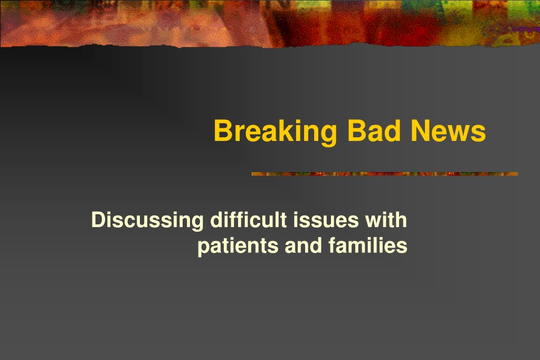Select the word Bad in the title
(x=374, y=130)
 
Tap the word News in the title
(x=448, y=130)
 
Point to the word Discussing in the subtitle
(x=147, y=221)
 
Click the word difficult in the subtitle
(x=249, y=220)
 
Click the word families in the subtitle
(x=368, y=245)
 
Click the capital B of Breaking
(x=224, y=130)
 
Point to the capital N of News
(x=421, y=130)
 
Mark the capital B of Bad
(x=357, y=130)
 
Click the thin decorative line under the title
(x=385, y=174)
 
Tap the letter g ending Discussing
(x=197, y=223)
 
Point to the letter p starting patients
(x=204, y=249)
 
